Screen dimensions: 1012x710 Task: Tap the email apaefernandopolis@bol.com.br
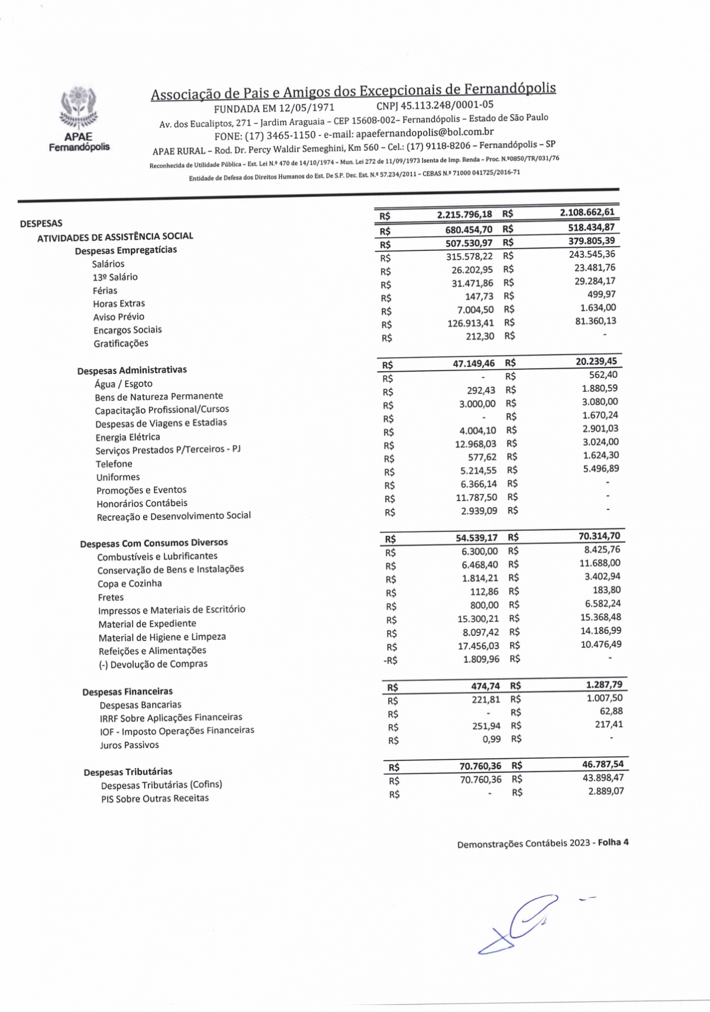tap(425, 133)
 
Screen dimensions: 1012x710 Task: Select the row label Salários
tap(108, 264)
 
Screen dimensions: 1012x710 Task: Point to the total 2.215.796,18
tap(464, 214)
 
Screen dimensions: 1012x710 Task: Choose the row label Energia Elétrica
tap(128, 437)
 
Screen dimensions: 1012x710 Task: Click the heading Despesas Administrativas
tap(132, 370)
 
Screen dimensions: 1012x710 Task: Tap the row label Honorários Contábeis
tap(142, 503)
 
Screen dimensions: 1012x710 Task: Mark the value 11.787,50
tap(476, 497)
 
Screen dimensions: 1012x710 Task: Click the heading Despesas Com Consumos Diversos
tap(154, 543)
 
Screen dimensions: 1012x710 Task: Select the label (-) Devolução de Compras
tap(153, 664)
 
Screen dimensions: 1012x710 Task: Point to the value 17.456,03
tap(478, 646)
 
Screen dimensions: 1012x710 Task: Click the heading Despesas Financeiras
tap(128, 691)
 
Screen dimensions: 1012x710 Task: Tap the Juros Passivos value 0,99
tap(491, 739)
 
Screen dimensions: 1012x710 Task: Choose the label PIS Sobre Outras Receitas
tap(155, 798)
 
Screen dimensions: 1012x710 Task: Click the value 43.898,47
tap(602, 778)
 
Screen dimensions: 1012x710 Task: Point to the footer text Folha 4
tap(613, 842)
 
